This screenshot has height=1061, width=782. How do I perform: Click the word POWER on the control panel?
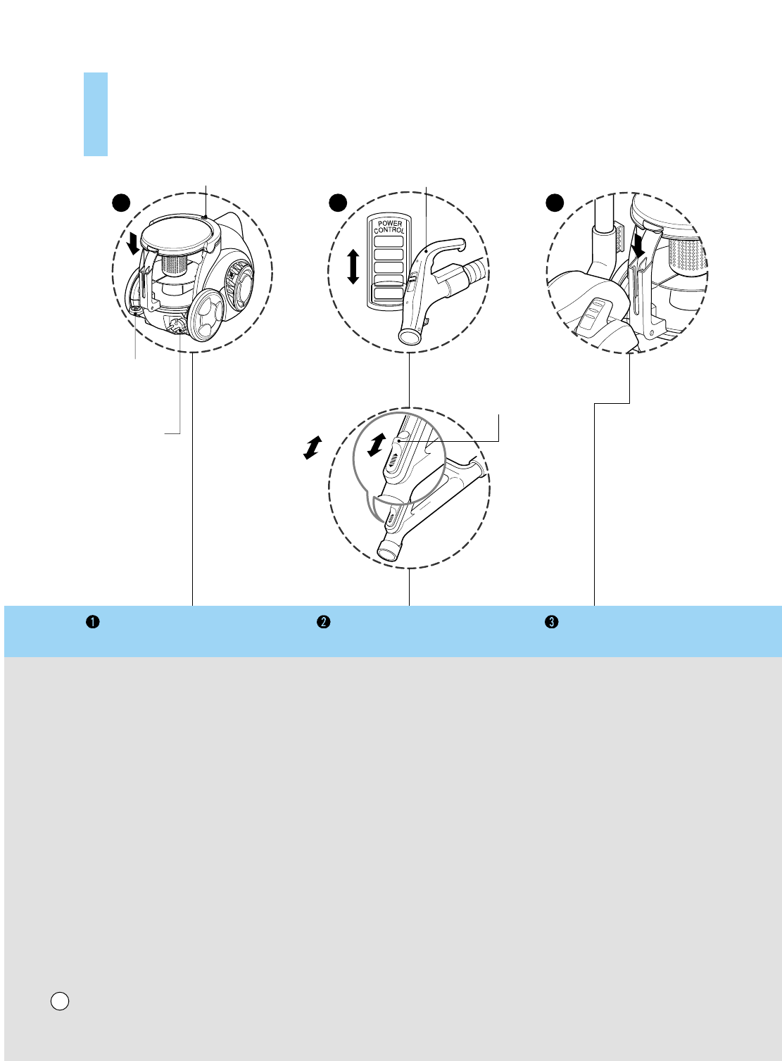[x=390, y=224]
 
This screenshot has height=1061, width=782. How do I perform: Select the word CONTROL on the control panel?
[x=389, y=230]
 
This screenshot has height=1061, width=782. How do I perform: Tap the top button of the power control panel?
[x=389, y=241]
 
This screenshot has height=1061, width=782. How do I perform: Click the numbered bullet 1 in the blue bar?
[x=92, y=622]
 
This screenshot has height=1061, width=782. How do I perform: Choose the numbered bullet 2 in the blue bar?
[x=323, y=622]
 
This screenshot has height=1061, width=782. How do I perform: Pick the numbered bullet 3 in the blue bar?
[x=553, y=622]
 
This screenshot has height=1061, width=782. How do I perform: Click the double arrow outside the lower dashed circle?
[x=312, y=447]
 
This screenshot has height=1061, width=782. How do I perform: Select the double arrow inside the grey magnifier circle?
[x=378, y=443]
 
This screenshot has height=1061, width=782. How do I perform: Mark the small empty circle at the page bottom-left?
[x=60, y=1000]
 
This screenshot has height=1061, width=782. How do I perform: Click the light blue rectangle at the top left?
[x=96, y=114]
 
